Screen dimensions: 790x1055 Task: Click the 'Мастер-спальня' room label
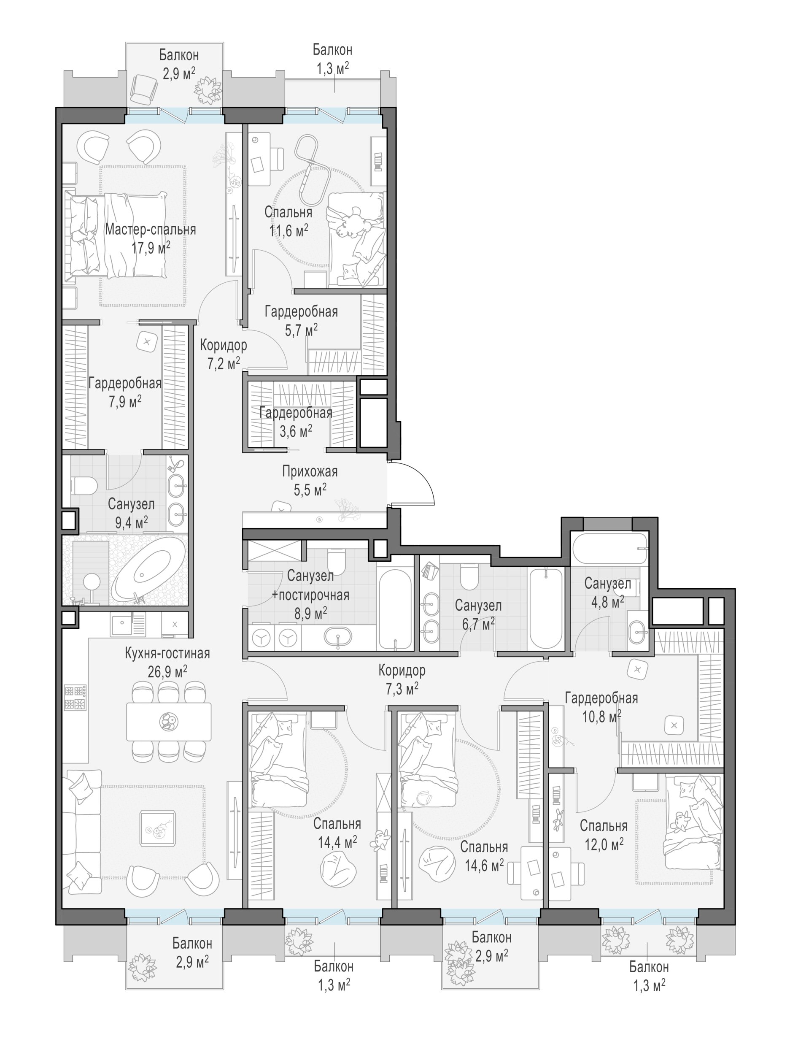click(x=150, y=230)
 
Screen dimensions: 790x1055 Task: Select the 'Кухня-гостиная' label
click(x=167, y=653)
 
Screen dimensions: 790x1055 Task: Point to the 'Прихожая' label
click(x=310, y=471)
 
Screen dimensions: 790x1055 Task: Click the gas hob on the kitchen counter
click(x=75, y=698)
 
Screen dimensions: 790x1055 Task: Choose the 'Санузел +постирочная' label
click(x=310, y=585)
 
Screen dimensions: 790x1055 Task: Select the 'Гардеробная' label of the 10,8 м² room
click(x=601, y=698)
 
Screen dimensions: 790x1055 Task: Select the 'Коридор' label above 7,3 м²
click(x=402, y=670)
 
